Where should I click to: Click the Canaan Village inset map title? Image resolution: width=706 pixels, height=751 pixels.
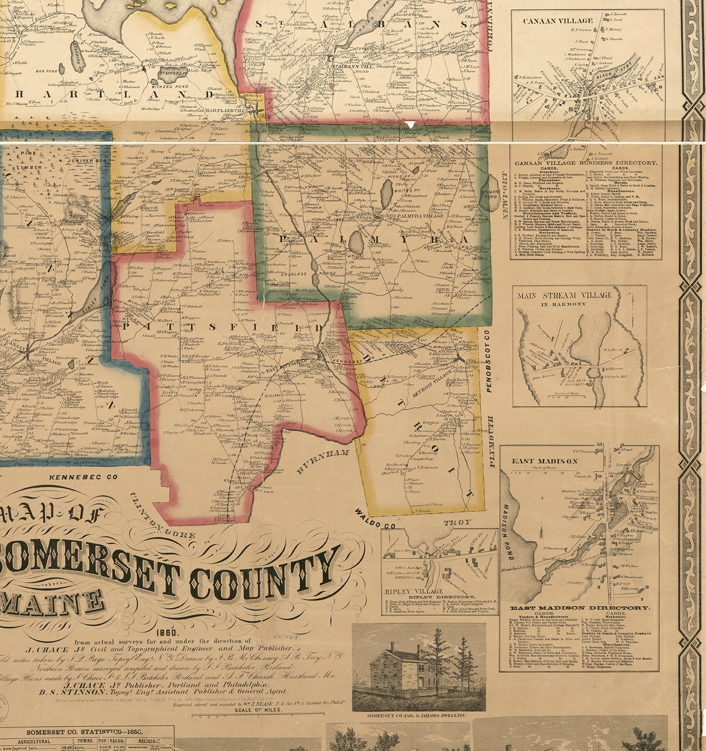[557, 21]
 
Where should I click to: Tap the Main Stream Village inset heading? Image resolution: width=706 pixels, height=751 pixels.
[564, 296]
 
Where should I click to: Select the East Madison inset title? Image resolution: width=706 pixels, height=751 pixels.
[538, 461]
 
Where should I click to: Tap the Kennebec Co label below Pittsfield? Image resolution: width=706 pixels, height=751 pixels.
[84, 476]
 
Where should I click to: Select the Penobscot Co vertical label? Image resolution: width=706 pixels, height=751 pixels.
[488, 360]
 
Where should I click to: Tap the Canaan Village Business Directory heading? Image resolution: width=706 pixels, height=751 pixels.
[585, 162]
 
